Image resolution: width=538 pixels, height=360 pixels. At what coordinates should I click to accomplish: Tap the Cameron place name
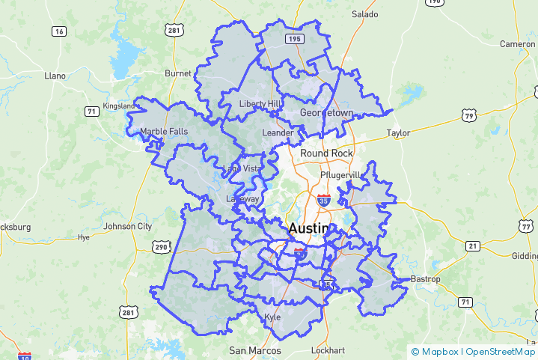pos(518,44)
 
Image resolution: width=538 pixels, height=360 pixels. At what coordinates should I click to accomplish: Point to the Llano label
pos(55,76)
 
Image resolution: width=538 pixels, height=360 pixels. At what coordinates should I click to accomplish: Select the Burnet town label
pos(178,74)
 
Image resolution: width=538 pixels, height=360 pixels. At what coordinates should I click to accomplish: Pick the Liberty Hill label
pos(260,103)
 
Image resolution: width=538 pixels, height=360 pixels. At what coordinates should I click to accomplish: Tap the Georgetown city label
pos(326,113)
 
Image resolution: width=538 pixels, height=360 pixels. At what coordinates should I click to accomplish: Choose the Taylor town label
pos(398,133)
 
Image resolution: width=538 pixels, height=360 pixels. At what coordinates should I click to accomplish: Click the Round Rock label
pos(326,153)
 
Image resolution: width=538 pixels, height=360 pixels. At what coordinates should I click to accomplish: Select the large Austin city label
pos(308,228)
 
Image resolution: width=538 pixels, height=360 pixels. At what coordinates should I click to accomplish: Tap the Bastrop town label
pos(425,279)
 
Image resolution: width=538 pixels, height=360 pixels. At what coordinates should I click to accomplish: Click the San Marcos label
pos(255,350)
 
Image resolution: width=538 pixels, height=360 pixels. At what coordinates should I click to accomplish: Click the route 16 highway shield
pos(58,31)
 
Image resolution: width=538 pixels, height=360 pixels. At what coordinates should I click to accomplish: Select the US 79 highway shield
pos(469,115)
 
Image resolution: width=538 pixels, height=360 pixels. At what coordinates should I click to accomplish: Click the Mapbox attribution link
pos(437,352)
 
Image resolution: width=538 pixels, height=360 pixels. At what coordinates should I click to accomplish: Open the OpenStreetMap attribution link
pos(501,352)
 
